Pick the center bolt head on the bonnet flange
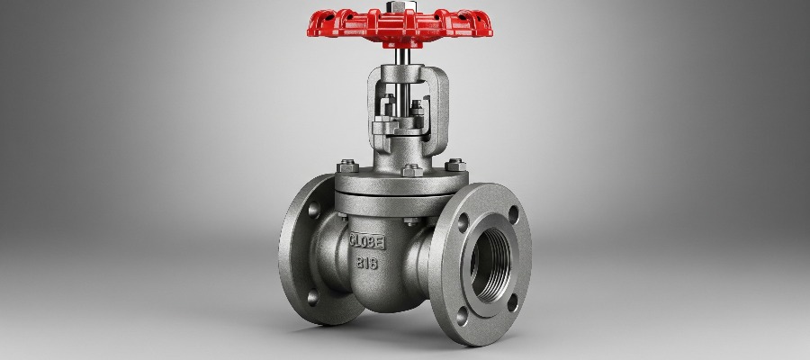pos(410,169)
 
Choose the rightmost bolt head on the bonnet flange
pos(453,163)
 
